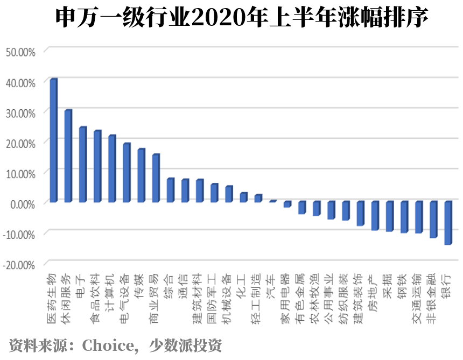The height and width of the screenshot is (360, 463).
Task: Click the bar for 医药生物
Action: point(53,140)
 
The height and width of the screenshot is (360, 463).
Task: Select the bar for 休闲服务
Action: point(68,156)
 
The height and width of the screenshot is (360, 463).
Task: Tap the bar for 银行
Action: point(447,223)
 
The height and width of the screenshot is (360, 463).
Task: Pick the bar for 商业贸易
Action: point(156,178)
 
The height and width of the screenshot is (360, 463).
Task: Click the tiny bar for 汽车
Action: point(272,201)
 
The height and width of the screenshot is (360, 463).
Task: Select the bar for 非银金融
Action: point(433,220)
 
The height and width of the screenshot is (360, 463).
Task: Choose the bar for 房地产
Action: point(375,216)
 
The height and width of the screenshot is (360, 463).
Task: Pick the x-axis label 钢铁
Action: point(402,284)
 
